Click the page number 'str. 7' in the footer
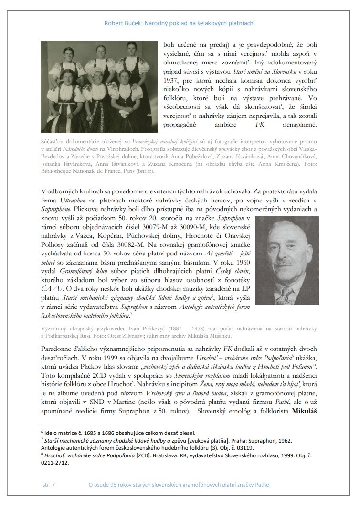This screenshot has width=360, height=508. (49, 485)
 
